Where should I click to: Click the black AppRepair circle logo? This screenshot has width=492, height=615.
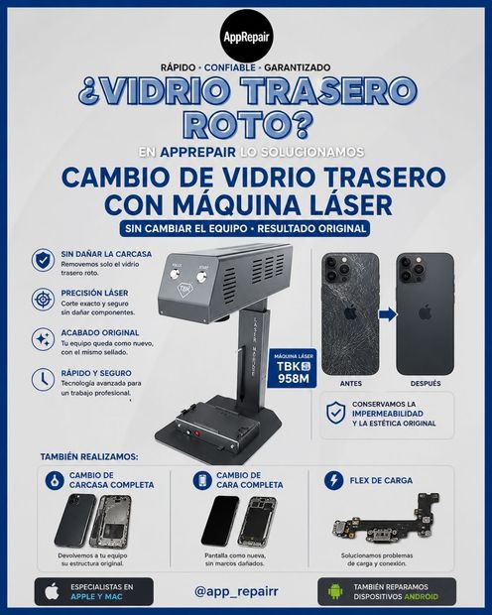click(x=246, y=37)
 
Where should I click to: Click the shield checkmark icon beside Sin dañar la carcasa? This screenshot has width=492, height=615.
click(x=44, y=260)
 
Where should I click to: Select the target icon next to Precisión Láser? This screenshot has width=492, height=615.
click(x=44, y=300)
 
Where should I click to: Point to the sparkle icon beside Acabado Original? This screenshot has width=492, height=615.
click(x=44, y=339)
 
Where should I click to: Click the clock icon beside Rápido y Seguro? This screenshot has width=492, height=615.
click(x=44, y=379)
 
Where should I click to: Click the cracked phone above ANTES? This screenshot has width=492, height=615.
click(x=350, y=313)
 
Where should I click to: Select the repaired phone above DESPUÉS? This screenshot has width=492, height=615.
click(x=425, y=313)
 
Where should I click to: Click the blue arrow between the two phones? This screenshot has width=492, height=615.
click(x=388, y=314)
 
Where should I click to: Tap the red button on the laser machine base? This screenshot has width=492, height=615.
click(x=197, y=433)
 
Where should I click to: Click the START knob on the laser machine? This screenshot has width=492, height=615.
click(x=202, y=277)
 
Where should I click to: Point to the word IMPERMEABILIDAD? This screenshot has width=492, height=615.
click(x=388, y=414)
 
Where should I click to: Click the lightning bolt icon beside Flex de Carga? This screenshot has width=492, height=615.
click(x=334, y=480)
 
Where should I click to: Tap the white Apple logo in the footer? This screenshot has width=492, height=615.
click(x=52, y=591)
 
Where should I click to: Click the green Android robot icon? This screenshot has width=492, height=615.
click(x=335, y=591)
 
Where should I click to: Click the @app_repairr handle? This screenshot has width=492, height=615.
click(x=236, y=591)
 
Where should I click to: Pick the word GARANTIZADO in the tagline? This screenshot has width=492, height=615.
click(x=297, y=67)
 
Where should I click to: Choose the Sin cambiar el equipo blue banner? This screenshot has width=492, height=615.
click(x=245, y=229)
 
